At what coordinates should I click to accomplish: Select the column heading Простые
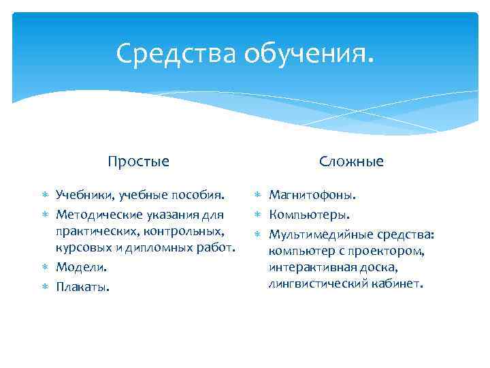[138, 162]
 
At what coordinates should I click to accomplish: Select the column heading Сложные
[352, 162]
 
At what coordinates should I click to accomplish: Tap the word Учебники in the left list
[85, 196]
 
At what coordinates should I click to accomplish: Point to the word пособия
[200, 196]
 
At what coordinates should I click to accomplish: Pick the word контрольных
[189, 230]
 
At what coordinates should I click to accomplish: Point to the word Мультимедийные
[320, 235]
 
